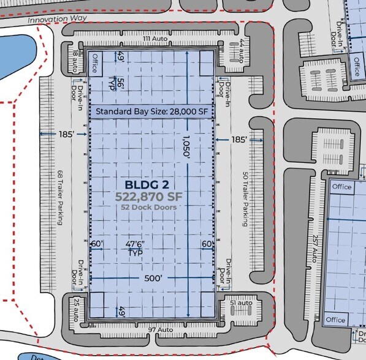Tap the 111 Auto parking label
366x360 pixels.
(155, 39)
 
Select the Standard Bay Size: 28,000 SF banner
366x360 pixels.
(152, 111)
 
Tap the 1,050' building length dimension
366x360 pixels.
(185, 148)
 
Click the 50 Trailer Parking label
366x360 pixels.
(245, 199)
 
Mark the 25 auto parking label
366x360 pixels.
(76, 306)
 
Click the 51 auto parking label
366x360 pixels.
(240, 303)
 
